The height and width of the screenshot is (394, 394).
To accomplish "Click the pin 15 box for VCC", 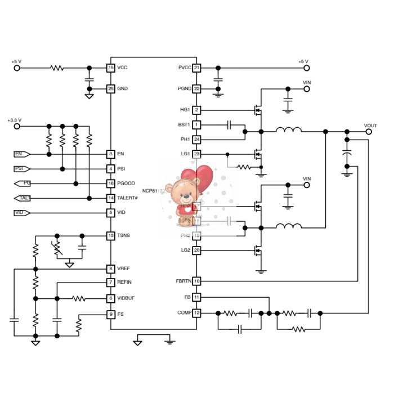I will tap(111, 68).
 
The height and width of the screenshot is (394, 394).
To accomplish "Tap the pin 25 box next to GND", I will tap(111, 89).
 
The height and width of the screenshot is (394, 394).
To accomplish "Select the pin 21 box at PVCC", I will tap(196, 68).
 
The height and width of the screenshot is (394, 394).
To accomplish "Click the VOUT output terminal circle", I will tap(369, 132).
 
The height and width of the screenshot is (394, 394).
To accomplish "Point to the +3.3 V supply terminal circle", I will tap(17, 126).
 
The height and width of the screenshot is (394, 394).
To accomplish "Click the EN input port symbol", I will tap(21, 154).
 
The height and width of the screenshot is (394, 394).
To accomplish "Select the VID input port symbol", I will tap(21, 212).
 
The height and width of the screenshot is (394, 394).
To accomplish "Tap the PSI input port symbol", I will tap(21, 168).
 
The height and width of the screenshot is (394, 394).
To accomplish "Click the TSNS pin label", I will tap(123, 235).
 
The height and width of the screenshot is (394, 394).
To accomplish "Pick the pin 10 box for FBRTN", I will tap(196, 280).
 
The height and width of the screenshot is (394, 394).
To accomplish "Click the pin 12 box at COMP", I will tap(196, 312).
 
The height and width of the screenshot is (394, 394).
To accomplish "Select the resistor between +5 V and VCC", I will tap(57, 68).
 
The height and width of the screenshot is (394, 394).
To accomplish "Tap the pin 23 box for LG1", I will tap(196, 154).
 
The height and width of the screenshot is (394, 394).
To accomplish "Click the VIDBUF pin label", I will tap(126, 298).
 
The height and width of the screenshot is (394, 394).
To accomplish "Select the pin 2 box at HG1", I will tap(196, 110).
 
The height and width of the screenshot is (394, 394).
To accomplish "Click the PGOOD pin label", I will tap(126, 183).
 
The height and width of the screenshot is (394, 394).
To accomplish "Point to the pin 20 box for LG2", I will tap(196, 250).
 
